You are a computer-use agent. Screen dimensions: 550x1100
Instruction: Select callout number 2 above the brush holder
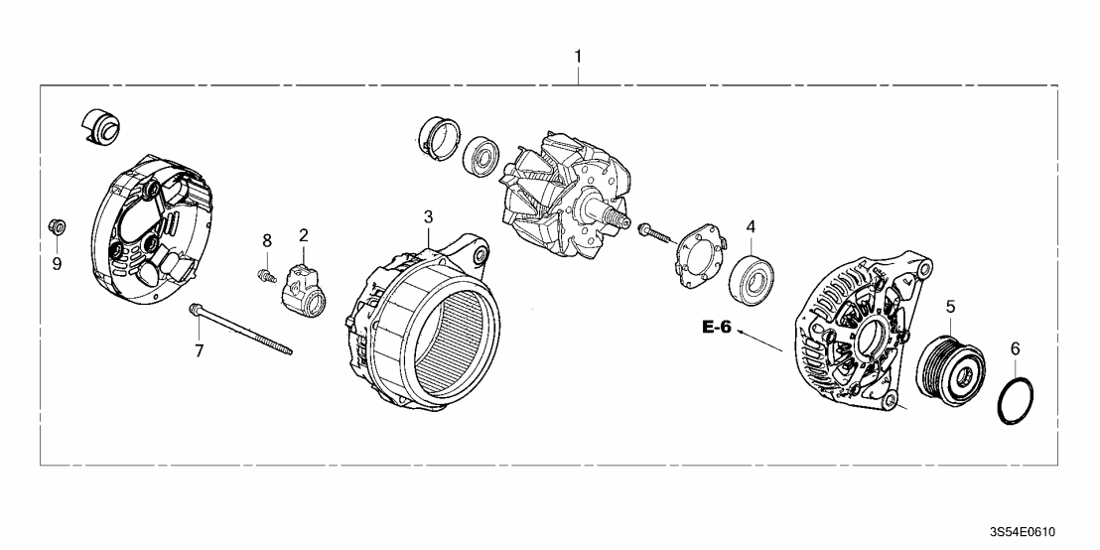304,235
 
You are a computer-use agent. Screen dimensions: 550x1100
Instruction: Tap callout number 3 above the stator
428,215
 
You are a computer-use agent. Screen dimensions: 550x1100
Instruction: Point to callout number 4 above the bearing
751,225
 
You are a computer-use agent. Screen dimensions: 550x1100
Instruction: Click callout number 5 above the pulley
950,307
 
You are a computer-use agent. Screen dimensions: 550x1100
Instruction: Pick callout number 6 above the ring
1014,348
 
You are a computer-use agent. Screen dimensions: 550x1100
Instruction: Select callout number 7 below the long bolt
199,350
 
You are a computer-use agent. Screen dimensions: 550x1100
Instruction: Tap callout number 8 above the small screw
266,241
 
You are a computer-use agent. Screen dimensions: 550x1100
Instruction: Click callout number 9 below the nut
57,263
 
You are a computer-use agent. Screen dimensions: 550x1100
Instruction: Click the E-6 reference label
716,328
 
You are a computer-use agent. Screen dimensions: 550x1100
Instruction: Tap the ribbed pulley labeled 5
950,368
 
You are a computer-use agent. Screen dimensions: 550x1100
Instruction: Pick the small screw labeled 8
265,274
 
